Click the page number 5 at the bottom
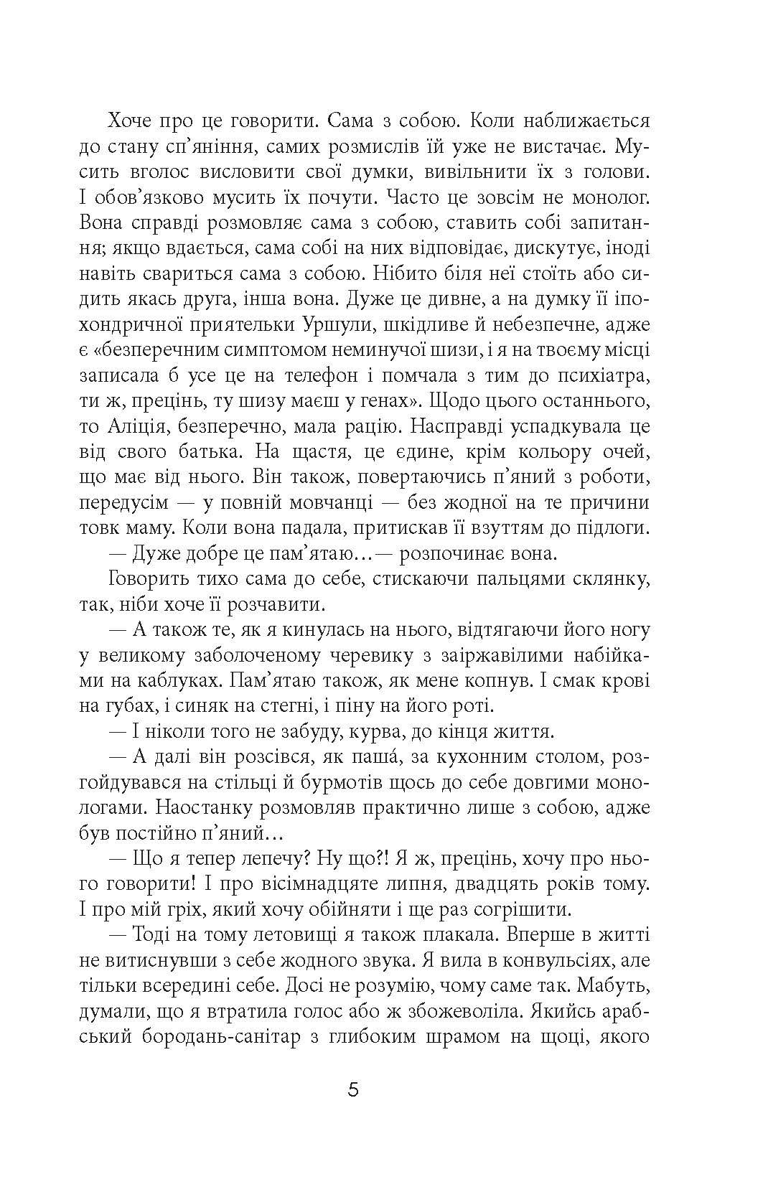352,1092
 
